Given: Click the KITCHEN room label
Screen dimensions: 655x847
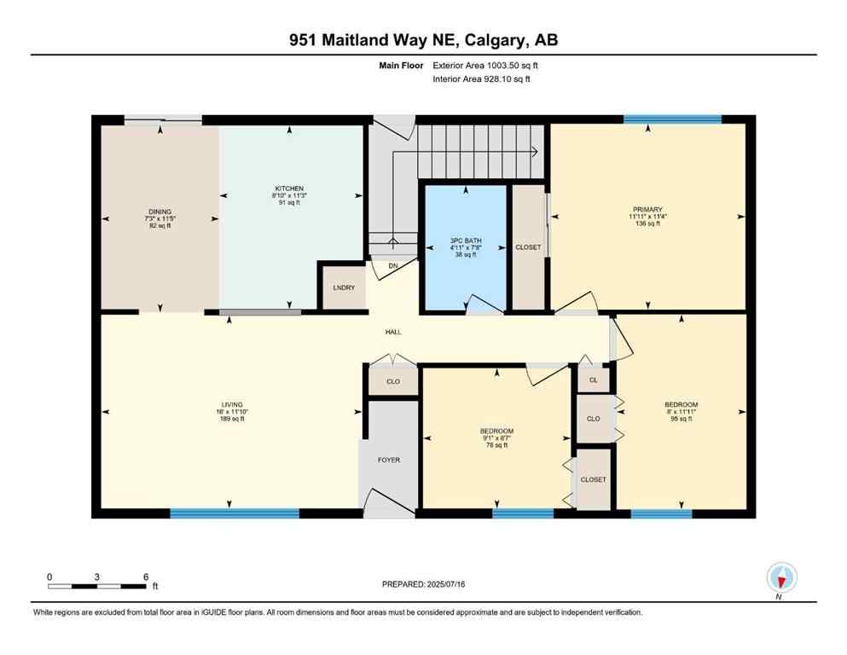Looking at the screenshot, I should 289,188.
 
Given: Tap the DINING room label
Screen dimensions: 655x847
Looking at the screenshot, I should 160,212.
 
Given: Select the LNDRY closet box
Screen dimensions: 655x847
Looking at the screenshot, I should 344,287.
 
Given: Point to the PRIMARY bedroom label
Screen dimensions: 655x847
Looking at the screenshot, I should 648,209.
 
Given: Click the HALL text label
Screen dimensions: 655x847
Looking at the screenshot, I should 393,332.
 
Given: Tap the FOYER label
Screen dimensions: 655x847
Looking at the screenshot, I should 389,460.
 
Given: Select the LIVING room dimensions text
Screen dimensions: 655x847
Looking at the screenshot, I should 232,412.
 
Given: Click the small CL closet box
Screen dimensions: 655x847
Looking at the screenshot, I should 594,380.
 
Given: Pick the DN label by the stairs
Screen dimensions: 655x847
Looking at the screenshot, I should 393,265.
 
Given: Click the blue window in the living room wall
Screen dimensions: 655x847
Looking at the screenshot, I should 235,513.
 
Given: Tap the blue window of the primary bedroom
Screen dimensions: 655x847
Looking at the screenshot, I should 672,119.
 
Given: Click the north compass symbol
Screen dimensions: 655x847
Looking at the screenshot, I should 781,577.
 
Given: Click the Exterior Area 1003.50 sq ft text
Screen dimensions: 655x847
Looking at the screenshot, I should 485,65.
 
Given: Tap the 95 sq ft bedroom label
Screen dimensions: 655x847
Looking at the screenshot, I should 682,412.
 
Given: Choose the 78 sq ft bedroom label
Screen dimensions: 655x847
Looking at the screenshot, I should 496,438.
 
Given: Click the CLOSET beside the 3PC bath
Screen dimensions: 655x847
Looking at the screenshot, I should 528,247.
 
